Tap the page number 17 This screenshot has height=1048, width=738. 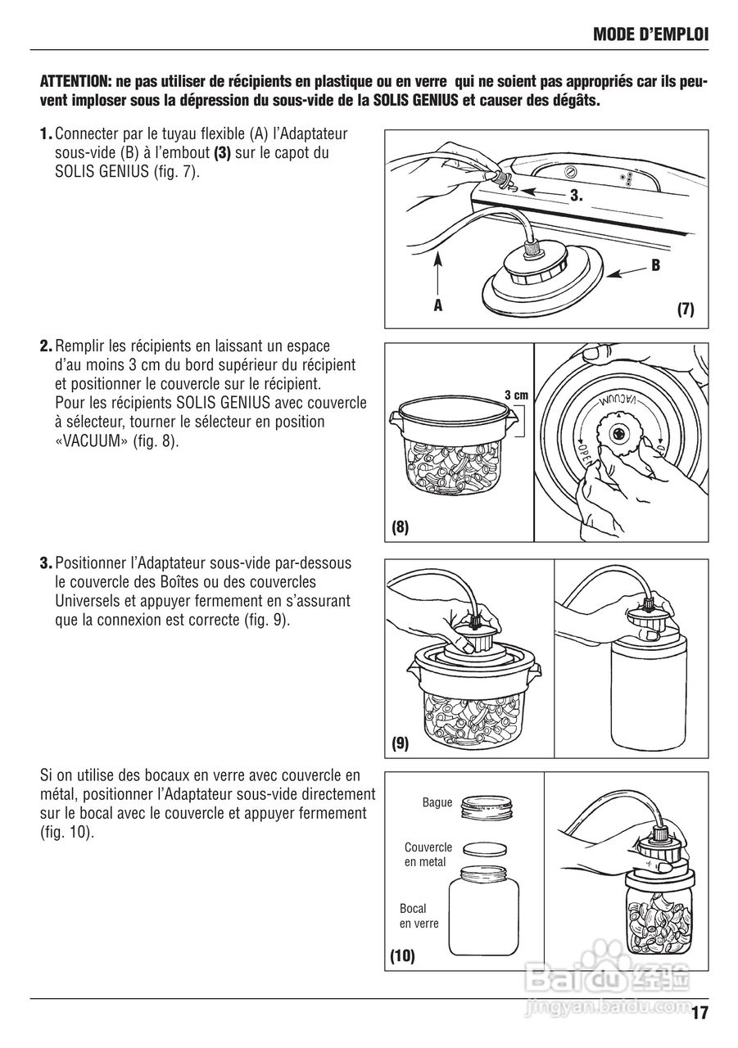(699, 1013)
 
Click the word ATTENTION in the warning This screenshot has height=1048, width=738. (75, 83)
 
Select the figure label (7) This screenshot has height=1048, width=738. (685, 309)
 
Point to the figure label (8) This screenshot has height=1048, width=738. (400, 528)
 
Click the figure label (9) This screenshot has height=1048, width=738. (400, 743)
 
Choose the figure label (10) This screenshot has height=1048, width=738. (402, 955)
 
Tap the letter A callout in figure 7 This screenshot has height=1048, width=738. (437, 305)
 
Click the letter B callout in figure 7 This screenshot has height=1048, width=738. (655, 265)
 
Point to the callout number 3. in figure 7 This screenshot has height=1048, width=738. (576, 196)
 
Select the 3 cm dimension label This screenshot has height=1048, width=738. (516, 395)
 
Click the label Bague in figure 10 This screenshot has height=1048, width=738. (437, 802)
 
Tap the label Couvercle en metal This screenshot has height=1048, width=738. (428, 855)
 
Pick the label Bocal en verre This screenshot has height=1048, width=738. (419, 916)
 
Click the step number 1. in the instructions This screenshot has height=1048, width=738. (47, 133)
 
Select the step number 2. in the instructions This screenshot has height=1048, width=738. (47, 347)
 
